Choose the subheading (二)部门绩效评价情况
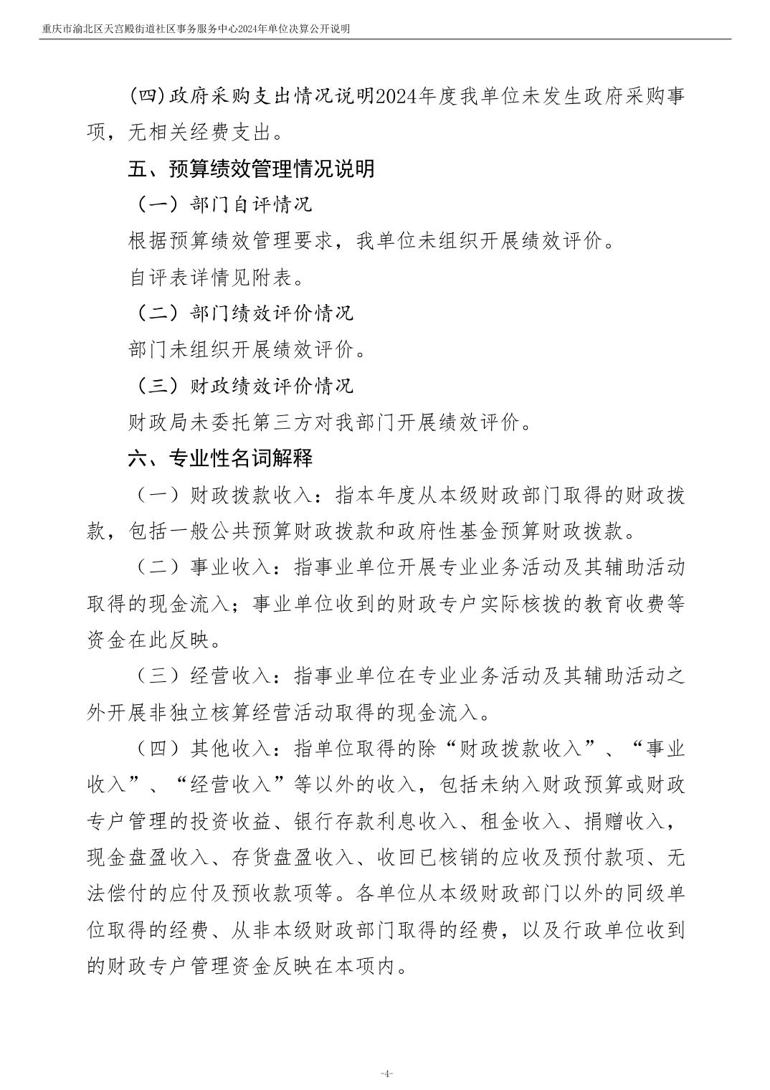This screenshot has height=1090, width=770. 244,313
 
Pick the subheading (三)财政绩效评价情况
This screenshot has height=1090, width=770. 244,386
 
